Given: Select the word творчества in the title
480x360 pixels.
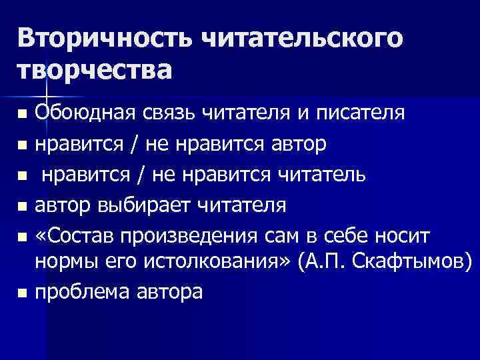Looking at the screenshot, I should coord(94,69).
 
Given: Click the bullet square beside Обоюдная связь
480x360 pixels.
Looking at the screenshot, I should coord(23,111).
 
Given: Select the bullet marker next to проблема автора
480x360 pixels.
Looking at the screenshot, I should coord(23,292).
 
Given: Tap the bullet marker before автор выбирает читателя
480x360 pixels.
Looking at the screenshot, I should coord(23,206).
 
